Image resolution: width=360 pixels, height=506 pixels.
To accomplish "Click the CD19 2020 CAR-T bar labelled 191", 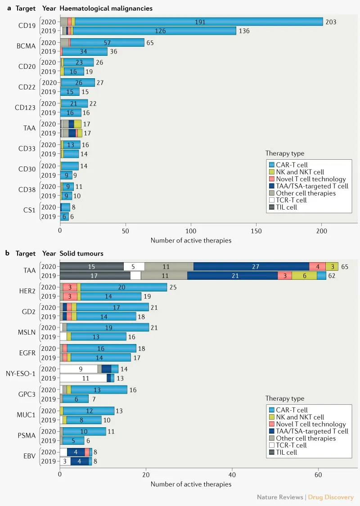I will point(198,22).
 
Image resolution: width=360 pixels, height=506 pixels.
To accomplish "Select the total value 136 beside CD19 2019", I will point(244,31).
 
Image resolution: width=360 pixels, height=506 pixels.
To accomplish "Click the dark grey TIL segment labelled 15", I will point(92,266).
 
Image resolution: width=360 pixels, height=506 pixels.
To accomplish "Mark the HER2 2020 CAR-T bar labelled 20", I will point(123,287).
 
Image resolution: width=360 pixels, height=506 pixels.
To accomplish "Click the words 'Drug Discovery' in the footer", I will point(331,497).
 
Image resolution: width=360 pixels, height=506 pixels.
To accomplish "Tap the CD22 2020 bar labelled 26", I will point(78,83).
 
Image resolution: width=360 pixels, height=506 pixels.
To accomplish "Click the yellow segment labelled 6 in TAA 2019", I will point(304,275).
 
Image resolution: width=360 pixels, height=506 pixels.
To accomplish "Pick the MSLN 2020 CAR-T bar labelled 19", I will point(108,327).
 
